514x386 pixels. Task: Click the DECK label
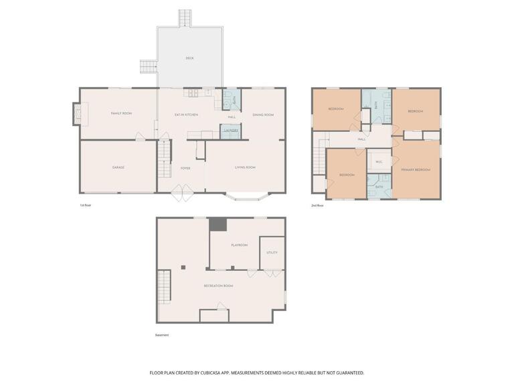point(189,58)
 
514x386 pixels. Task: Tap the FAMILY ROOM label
point(121,114)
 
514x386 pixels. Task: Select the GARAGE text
point(118,168)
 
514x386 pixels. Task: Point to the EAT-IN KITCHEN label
point(186,115)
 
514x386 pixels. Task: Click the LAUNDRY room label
point(231,131)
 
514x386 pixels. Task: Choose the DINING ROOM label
point(263,115)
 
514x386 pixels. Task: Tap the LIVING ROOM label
point(245,167)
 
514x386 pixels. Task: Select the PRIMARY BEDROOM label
point(416,170)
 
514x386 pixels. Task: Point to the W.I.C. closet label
point(378,162)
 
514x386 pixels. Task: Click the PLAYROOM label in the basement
point(240,245)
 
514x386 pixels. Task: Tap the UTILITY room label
point(272,253)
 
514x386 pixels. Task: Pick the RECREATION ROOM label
point(218,286)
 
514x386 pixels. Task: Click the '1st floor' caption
point(85,205)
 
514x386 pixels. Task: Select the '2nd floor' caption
point(317,205)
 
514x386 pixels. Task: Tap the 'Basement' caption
point(162,335)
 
